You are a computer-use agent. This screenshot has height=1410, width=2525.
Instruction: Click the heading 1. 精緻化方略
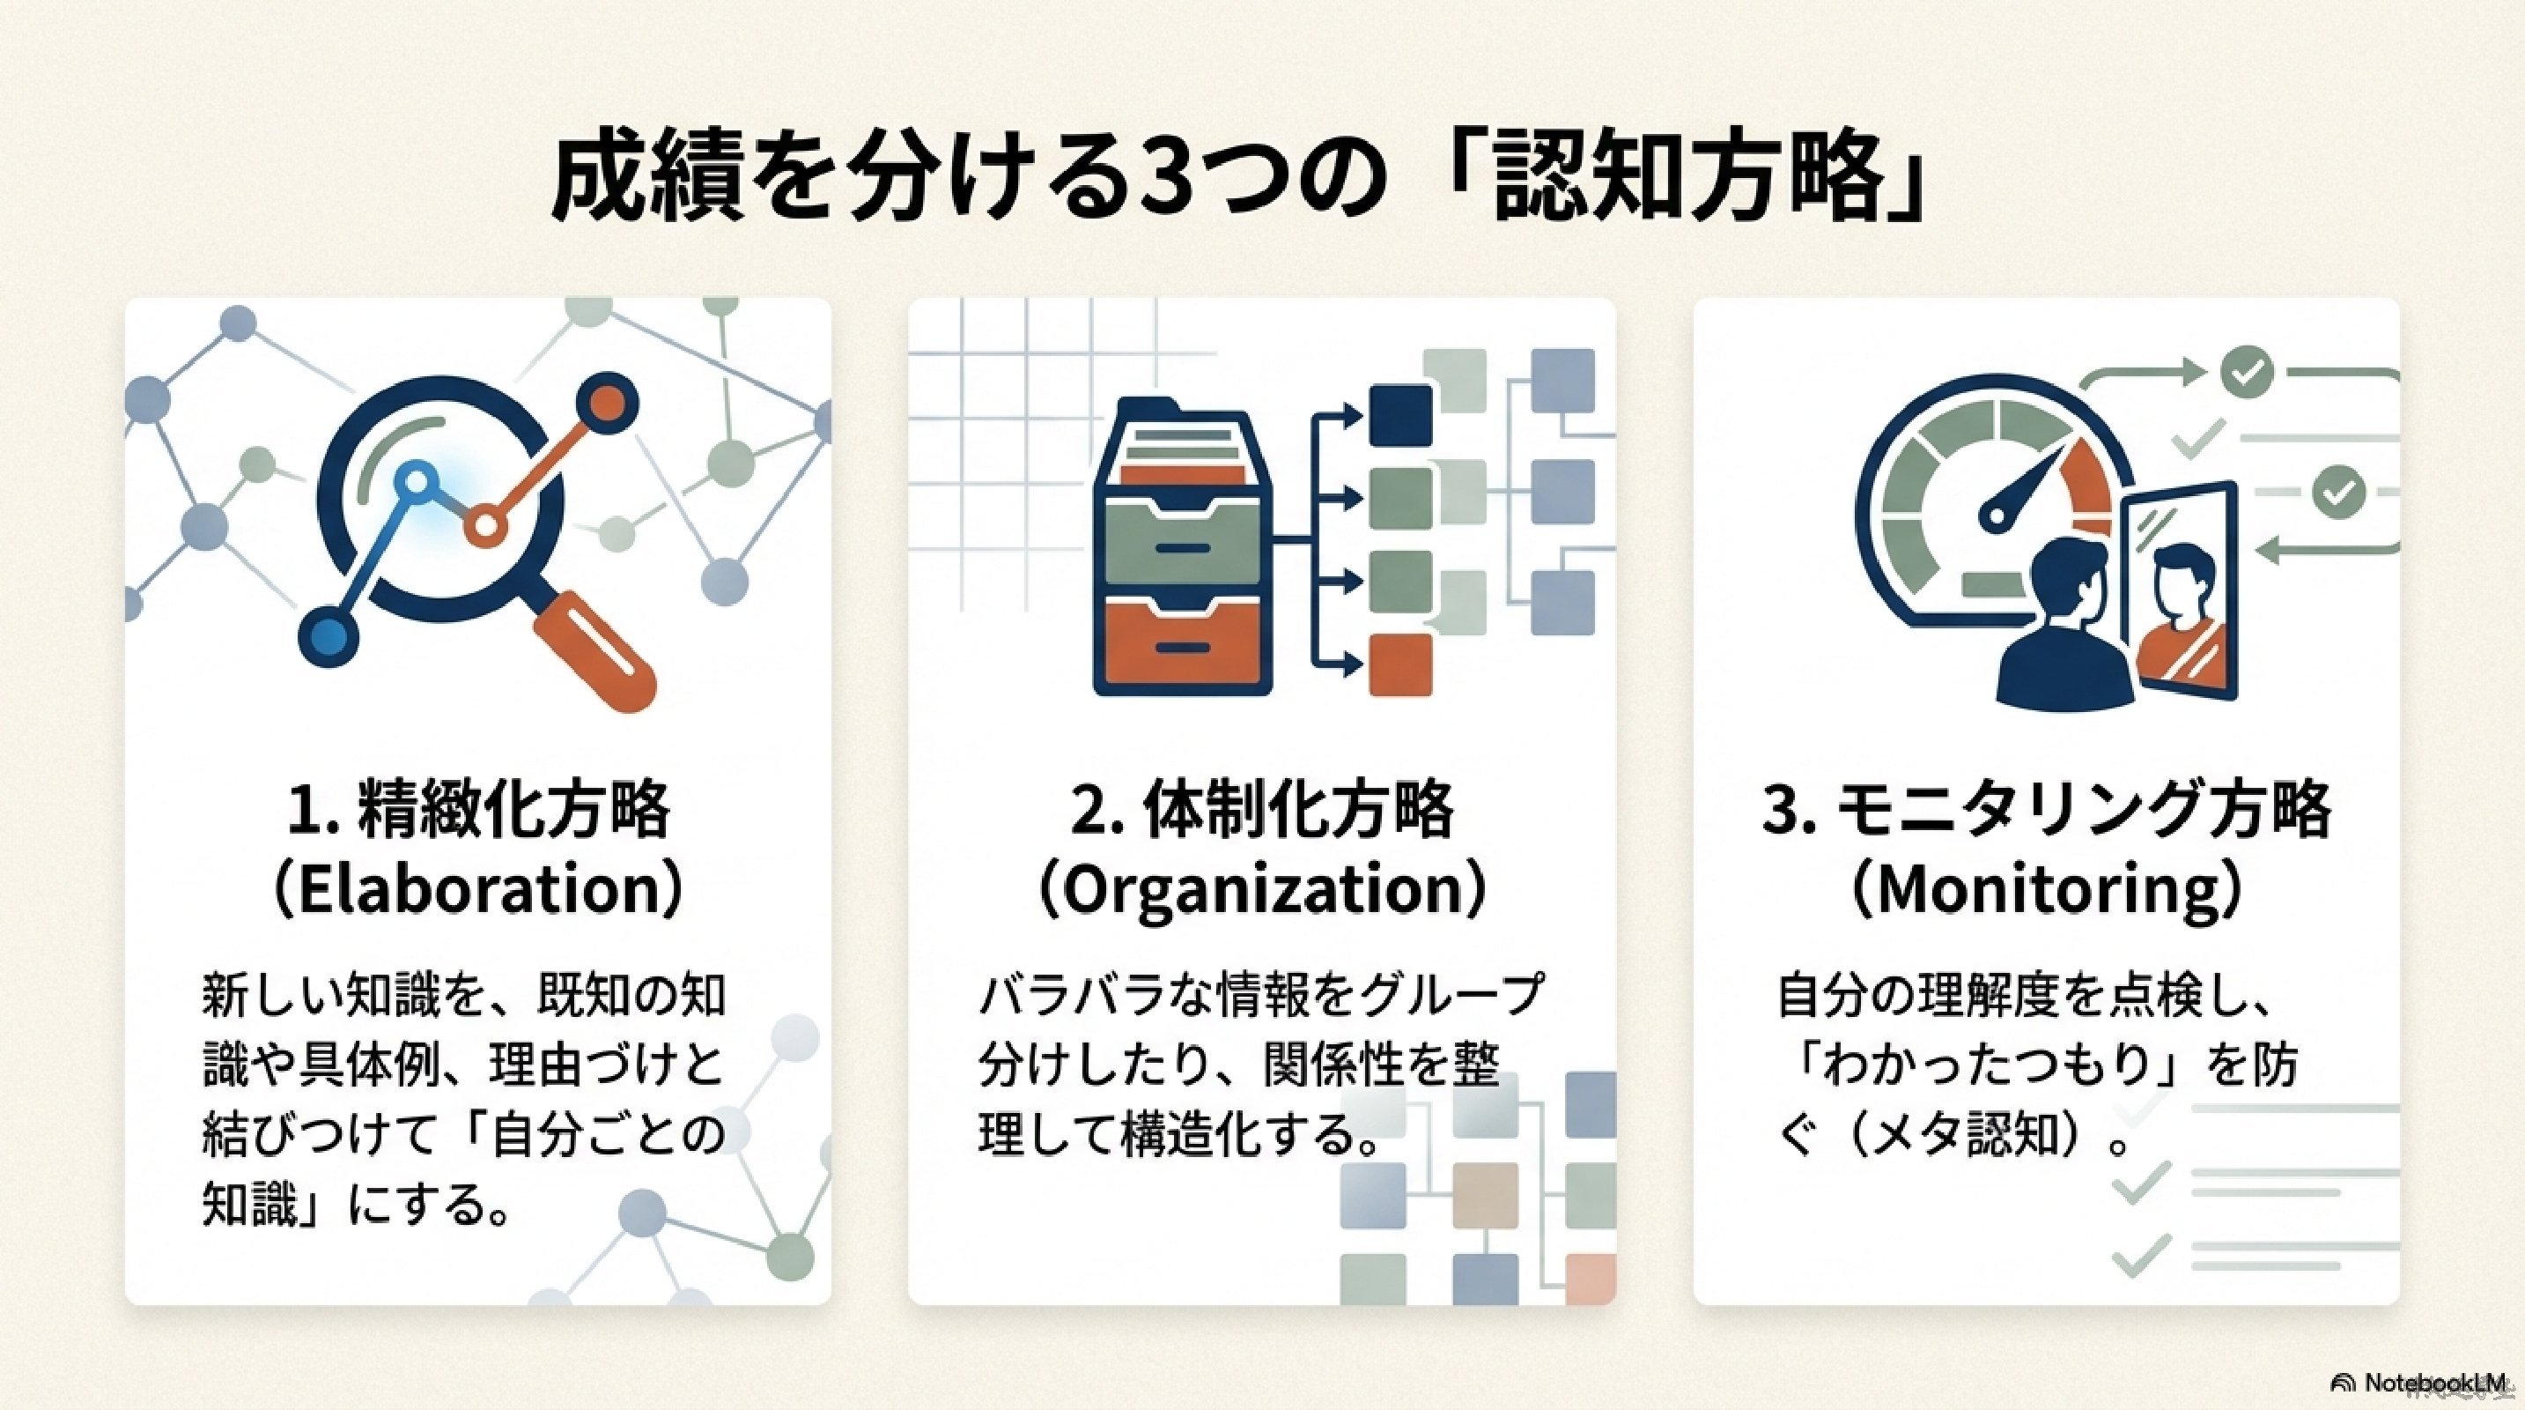tap(477, 809)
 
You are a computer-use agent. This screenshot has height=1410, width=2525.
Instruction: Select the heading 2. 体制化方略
tap(1261, 809)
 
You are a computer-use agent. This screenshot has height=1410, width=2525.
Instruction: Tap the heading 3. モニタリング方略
tap(2046, 809)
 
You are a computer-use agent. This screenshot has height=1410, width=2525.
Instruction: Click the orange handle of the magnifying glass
tap(598, 648)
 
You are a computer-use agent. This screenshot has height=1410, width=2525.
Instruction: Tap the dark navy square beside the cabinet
tap(1399, 415)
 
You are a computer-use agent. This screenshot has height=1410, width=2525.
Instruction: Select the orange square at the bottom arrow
tap(1399, 664)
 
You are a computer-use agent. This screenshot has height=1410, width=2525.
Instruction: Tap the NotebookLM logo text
tap(2421, 1383)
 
